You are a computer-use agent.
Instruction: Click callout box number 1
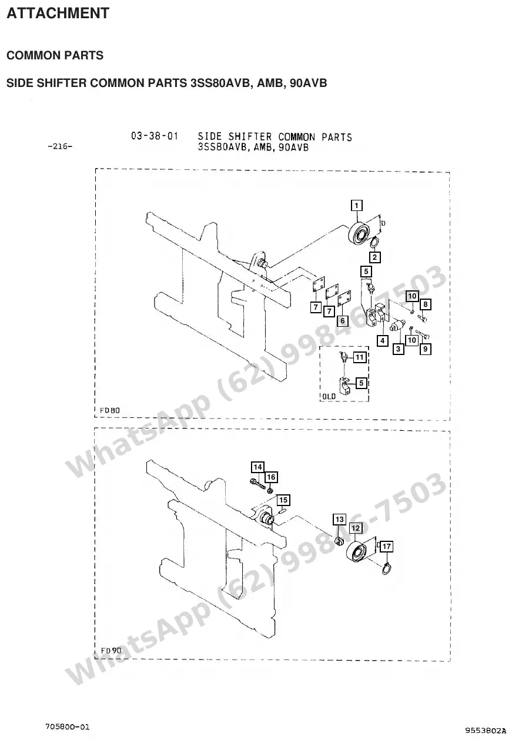click(x=356, y=206)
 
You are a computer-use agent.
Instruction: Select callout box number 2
click(x=374, y=257)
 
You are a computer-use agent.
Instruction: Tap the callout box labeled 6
click(x=343, y=320)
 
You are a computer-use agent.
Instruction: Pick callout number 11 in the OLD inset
click(x=359, y=357)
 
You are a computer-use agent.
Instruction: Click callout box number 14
click(x=257, y=467)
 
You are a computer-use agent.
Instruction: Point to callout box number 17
click(x=386, y=547)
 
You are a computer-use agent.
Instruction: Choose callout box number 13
click(x=340, y=520)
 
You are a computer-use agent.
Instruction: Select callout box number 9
click(x=425, y=349)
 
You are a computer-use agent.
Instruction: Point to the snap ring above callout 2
click(x=374, y=243)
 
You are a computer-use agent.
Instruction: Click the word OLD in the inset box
click(x=329, y=396)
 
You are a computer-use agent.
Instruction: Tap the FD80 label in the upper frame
click(x=110, y=410)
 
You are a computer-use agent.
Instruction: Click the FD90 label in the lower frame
click(x=111, y=651)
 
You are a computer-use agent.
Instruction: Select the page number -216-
click(x=60, y=146)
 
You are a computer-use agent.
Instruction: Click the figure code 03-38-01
click(x=155, y=136)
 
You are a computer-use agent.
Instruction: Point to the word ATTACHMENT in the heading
click(x=58, y=13)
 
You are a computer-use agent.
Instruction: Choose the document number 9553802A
click(x=486, y=730)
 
